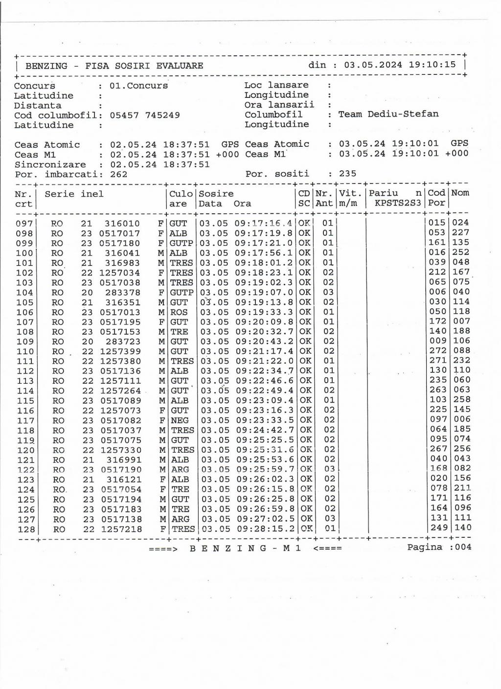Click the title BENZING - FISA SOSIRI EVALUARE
[x=114, y=66]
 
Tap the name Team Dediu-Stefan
[x=388, y=114]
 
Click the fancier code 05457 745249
[x=144, y=115]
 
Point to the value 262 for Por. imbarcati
[x=118, y=174]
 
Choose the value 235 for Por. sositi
[x=347, y=174]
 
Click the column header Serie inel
[x=74, y=194]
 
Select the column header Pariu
[x=384, y=193]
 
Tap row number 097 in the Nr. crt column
[x=24, y=224]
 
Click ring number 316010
[x=122, y=224]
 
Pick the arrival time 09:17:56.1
[x=264, y=253]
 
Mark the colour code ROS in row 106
[x=179, y=312]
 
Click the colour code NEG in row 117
[x=180, y=420]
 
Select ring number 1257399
[x=120, y=351]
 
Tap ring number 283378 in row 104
[x=122, y=293]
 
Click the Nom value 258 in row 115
[x=462, y=400]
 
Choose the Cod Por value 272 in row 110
[x=438, y=351]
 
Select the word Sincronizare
[x=50, y=164]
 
